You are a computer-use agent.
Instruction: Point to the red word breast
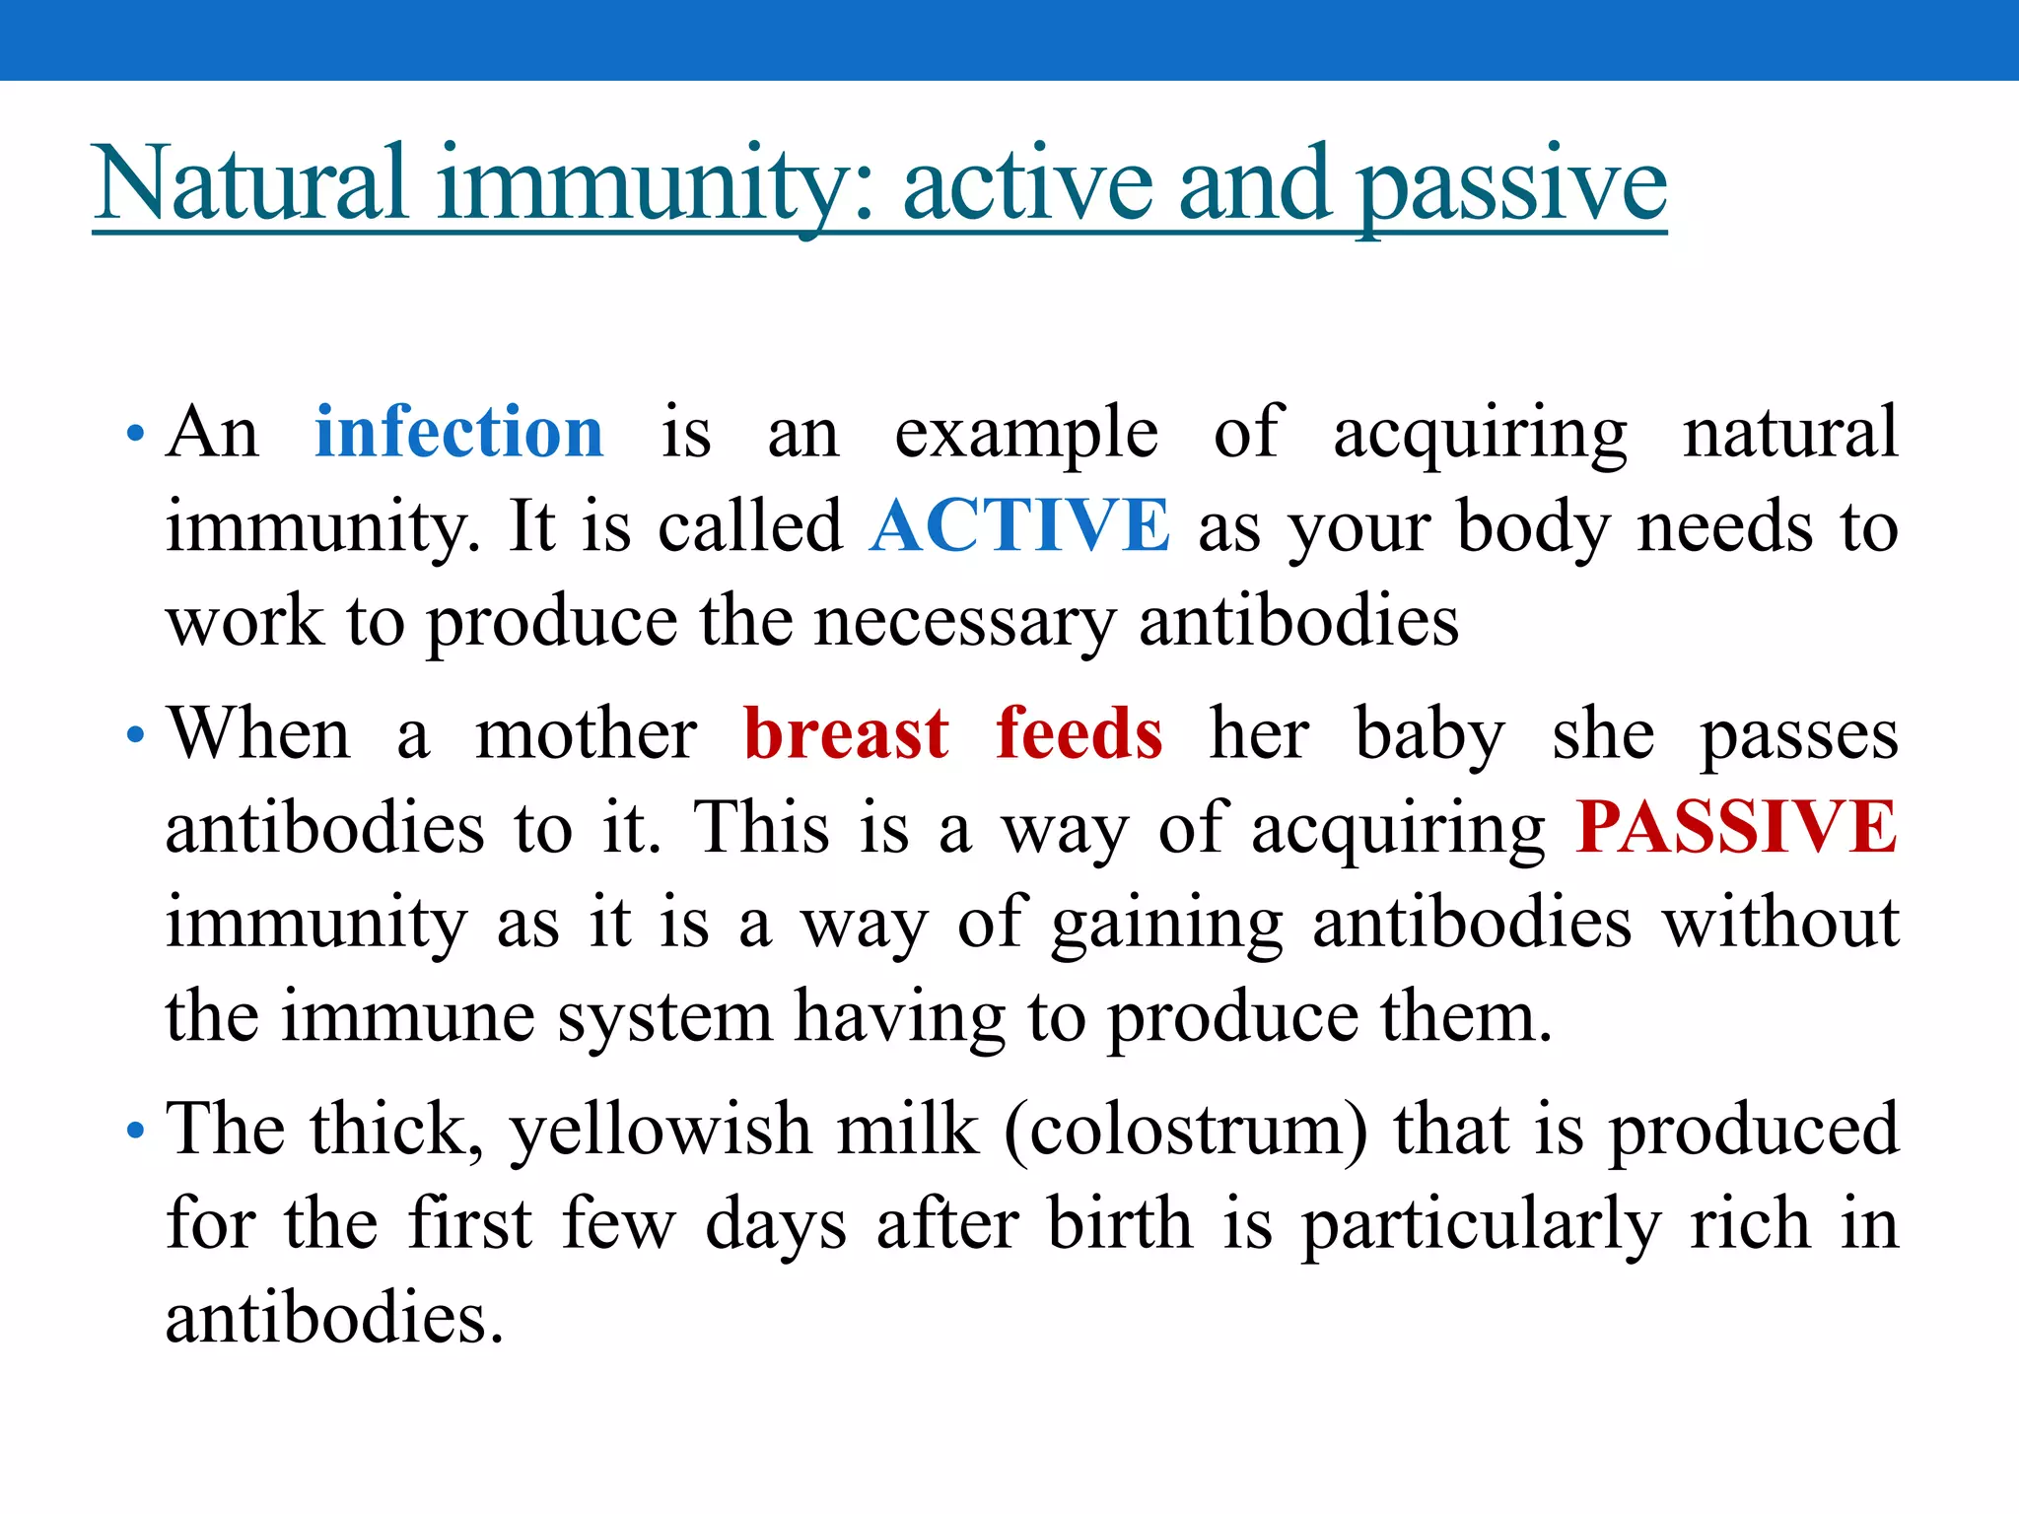coord(846,733)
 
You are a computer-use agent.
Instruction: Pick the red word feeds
coord(1079,733)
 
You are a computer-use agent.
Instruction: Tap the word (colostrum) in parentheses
coord(1186,1129)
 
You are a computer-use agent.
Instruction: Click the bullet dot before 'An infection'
coord(136,433)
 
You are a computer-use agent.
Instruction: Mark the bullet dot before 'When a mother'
coord(136,734)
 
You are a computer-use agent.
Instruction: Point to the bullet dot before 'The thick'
coord(136,1130)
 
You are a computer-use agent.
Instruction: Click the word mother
coord(586,733)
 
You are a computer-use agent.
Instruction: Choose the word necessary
coord(965,623)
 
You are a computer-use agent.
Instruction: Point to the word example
coord(1025,434)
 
